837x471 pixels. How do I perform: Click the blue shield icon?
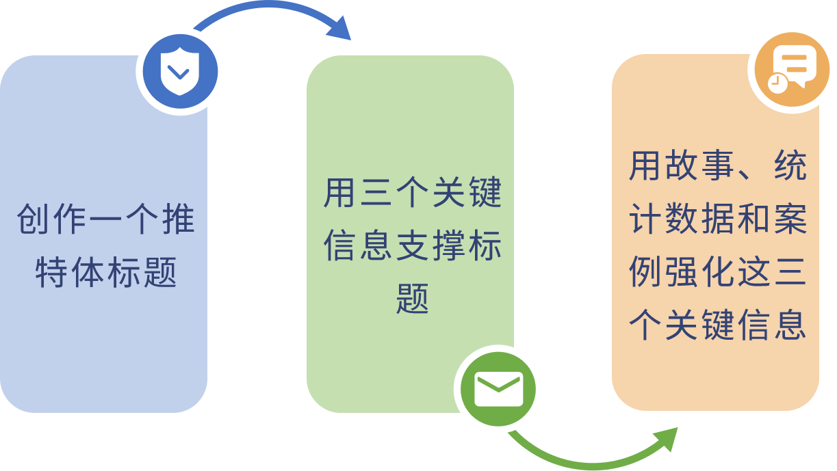pyautogui.click(x=180, y=71)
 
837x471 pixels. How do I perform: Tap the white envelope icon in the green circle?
pyautogui.click(x=498, y=389)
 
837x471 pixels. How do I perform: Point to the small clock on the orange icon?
pyautogui.click(x=777, y=83)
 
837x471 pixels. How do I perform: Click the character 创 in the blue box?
pyautogui.click(x=33, y=219)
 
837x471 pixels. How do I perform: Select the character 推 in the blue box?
pyautogui.click(x=178, y=219)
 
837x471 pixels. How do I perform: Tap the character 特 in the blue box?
pyautogui.click(x=51, y=272)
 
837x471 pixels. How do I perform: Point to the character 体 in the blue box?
pyautogui.click(x=88, y=272)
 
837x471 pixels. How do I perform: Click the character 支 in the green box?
pyautogui.click(x=412, y=245)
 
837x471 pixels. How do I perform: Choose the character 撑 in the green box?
pyautogui.click(x=448, y=245)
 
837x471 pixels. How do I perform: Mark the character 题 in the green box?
pyautogui.click(x=412, y=299)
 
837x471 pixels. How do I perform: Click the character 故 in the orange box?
pyautogui.click(x=682, y=165)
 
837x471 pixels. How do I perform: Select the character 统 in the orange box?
pyautogui.click(x=790, y=165)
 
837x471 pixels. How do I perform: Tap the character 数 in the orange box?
pyautogui.click(x=682, y=219)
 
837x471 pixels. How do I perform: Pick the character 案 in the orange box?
pyautogui.click(x=790, y=219)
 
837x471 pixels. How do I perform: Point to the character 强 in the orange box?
pyautogui.click(x=682, y=272)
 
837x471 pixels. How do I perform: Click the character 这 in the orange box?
pyautogui.click(x=754, y=272)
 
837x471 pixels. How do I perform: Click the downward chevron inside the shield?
pyautogui.click(x=179, y=72)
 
